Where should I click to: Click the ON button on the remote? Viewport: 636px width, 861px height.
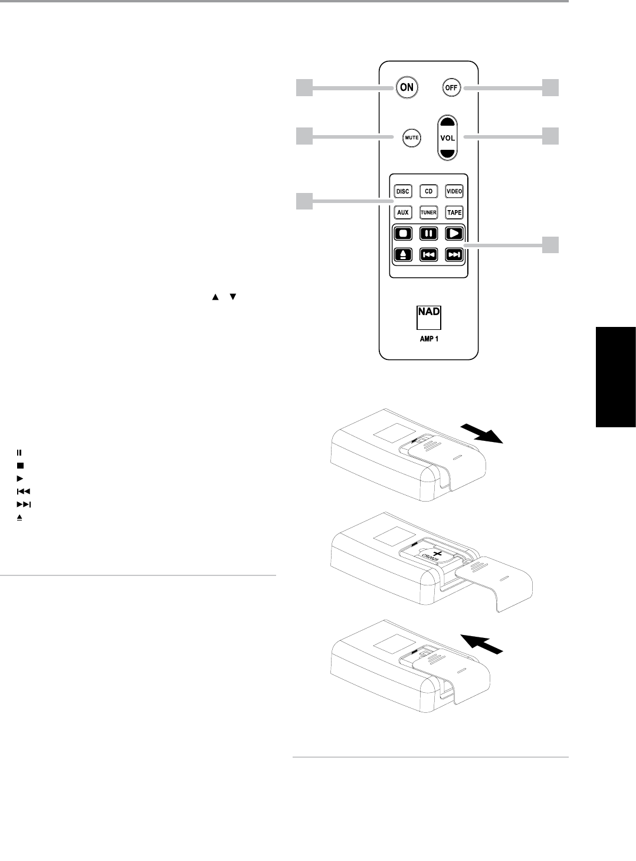[x=406, y=88]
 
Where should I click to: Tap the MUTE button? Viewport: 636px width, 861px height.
[x=411, y=138]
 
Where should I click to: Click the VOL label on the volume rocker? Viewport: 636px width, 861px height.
[x=448, y=138]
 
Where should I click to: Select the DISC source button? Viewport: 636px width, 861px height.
[x=402, y=192]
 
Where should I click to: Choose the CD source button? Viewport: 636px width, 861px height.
[x=428, y=192]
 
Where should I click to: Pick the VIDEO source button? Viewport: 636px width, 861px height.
[x=454, y=192]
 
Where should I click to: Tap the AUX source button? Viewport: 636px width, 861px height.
[x=402, y=212]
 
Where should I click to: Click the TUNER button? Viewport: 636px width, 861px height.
[x=428, y=212]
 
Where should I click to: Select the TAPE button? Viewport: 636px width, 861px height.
[x=454, y=212]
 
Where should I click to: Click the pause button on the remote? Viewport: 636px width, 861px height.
[x=428, y=233]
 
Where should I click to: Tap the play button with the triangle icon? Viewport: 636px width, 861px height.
[x=454, y=233]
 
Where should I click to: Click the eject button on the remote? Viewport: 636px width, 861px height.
[x=402, y=254]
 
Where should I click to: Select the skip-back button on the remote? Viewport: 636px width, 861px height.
[x=428, y=254]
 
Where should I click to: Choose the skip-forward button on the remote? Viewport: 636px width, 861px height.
[x=454, y=254]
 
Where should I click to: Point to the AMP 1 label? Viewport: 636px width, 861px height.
[x=429, y=339]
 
